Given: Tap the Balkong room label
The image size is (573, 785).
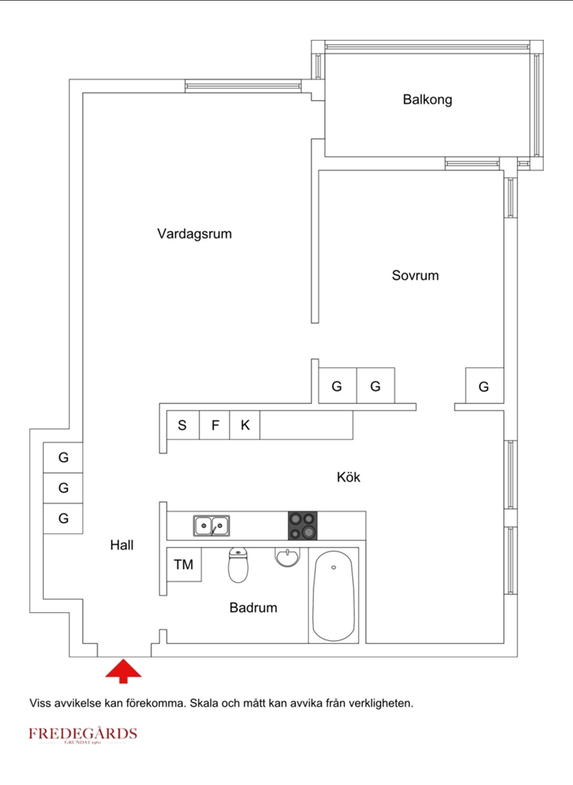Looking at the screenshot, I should pyautogui.click(x=427, y=99).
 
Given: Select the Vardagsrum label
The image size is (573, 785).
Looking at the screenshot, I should pyautogui.click(x=194, y=233).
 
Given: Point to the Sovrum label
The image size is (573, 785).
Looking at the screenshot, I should pyautogui.click(x=415, y=275).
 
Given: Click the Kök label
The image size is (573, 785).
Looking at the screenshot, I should pyautogui.click(x=349, y=477).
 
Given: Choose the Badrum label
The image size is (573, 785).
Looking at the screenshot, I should pyautogui.click(x=253, y=608).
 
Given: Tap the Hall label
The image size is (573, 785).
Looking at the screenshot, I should pyautogui.click(x=121, y=545).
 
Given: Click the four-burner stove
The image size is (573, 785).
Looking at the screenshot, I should pyautogui.click(x=302, y=525).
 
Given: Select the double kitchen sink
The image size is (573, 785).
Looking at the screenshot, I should pyautogui.click(x=211, y=525).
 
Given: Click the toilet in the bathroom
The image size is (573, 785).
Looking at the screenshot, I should pyautogui.click(x=238, y=565).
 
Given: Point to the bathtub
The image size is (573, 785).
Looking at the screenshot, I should pyautogui.click(x=333, y=596).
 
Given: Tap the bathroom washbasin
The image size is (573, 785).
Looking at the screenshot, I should pyautogui.click(x=287, y=557).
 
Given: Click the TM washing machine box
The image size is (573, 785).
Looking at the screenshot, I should pyautogui.click(x=184, y=564).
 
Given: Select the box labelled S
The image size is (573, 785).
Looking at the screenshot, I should pyautogui.click(x=183, y=425).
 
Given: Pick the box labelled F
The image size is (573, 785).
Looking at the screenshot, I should pyautogui.click(x=215, y=425).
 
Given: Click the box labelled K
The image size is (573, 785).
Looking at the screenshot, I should pyautogui.click(x=245, y=425).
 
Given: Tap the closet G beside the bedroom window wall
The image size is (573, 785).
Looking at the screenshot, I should pyautogui.click(x=484, y=386).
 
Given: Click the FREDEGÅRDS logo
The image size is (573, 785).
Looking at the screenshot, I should pyautogui.click(x=83, y=734).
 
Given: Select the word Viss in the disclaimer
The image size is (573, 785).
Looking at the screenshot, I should pyautogui.click(x=40, y=703).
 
